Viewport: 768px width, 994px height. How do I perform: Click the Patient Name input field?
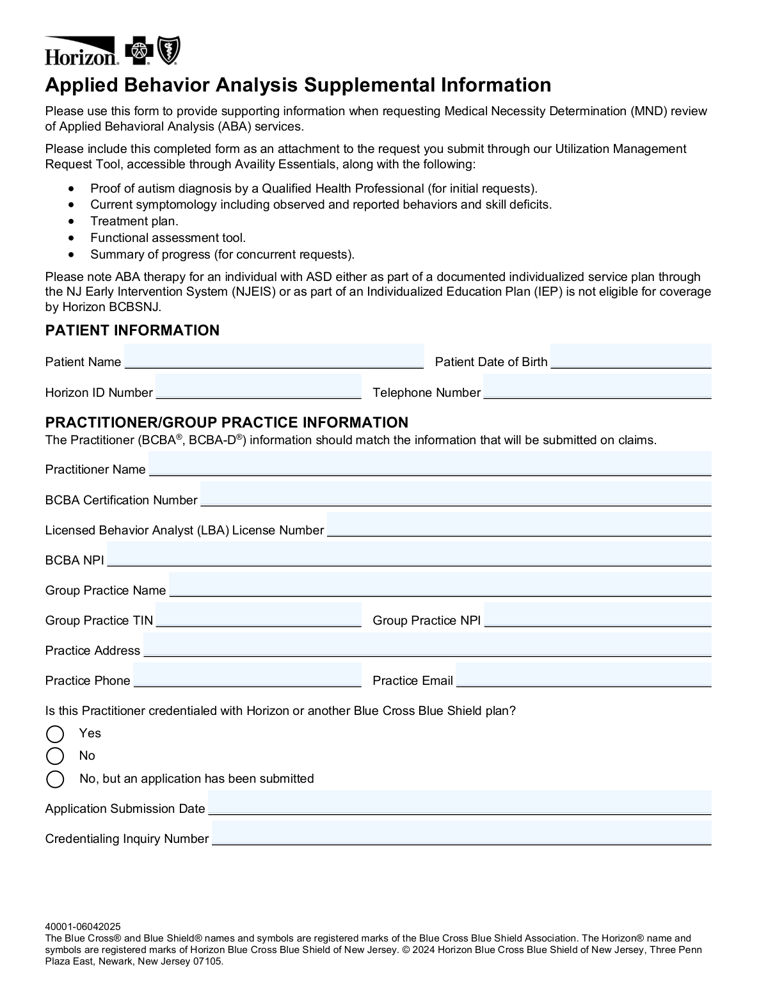pos(274,357)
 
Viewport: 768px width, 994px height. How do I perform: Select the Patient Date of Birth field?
pos(630,357)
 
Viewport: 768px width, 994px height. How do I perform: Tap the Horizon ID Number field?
pos(259,387)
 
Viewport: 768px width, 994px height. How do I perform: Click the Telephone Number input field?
pos(597,387)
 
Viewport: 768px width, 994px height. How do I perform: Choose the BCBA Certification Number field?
pos(456,494)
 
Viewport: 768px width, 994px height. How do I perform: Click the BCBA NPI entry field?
pos(409,554)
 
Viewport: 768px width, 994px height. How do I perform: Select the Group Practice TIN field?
pos(259,615)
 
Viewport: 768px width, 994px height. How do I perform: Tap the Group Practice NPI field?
pos(597,615)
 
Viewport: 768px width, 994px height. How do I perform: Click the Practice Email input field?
pos(583,675)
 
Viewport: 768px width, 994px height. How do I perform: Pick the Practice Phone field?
pos(247,675)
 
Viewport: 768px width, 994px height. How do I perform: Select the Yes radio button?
pos(56,733)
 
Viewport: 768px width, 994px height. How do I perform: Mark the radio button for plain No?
pos(56,756)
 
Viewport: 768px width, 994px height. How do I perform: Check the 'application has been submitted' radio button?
pos(56,779)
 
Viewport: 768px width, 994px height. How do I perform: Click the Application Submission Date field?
pos(460,803)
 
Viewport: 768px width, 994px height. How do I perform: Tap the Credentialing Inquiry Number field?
pos(461,833)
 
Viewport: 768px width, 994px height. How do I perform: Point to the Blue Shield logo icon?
pos(170,51)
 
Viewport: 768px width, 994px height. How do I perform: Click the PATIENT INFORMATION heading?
pos(132,330)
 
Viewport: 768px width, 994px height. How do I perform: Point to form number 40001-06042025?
pos(83,926)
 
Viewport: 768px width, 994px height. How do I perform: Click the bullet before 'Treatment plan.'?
pos(72,221)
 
